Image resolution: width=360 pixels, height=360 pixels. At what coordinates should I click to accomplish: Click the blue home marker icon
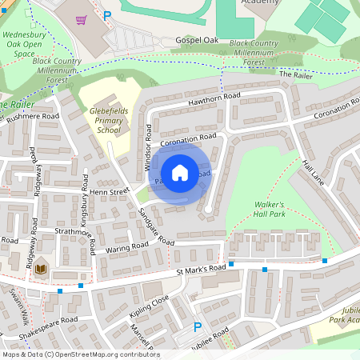pyautogui.click(x=180, y=173)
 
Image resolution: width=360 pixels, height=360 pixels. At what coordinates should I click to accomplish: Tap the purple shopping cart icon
pyautogui.click(x=82, y=19)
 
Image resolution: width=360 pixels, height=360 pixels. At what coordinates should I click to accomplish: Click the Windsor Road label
pyautogui.click(x=148, y=147)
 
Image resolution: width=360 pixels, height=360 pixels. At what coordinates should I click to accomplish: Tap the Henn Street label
pyautogui.click(x=110, y=192)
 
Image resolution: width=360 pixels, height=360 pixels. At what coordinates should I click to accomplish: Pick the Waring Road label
pyautogui.click(x=127, y=248)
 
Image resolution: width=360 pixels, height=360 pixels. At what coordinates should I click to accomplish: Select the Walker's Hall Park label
pyautogui.click(x=270, y=210)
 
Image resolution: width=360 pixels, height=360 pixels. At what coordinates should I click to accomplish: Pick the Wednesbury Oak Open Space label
pyautogui.click(x=25, y=47)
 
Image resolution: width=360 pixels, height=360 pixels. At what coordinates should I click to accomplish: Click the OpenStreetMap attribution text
pyautogui.click(x=80, y=354)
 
